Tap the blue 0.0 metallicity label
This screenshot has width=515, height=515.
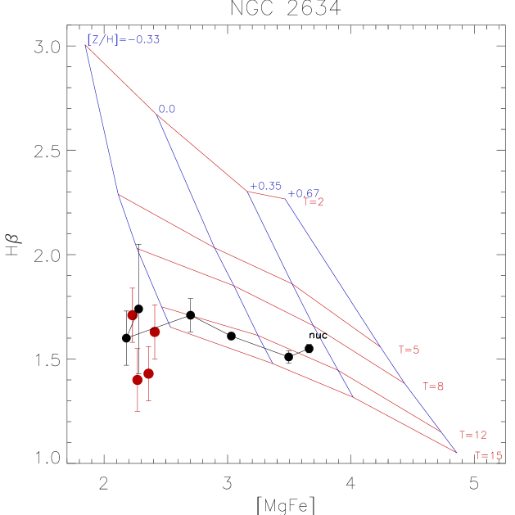167,109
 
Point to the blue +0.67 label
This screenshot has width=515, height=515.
304,193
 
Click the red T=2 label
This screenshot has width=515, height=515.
314,202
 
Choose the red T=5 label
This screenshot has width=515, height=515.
409,350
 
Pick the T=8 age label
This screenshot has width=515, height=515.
433,386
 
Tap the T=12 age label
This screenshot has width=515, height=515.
473,435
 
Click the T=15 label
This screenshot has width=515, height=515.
489,455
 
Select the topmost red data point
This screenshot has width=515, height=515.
132,315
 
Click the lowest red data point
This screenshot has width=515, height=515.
138,380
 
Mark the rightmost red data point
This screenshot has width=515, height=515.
155,332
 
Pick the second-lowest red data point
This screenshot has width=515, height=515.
148,373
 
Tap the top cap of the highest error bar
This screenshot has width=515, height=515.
132,288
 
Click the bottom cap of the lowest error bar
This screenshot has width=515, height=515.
138,411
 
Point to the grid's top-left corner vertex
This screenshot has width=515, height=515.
86,46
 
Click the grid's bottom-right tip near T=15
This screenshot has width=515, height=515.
456,451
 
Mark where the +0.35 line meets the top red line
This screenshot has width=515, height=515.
247,191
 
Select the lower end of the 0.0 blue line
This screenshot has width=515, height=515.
273,363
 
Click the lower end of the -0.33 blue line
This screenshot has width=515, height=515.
170,327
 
